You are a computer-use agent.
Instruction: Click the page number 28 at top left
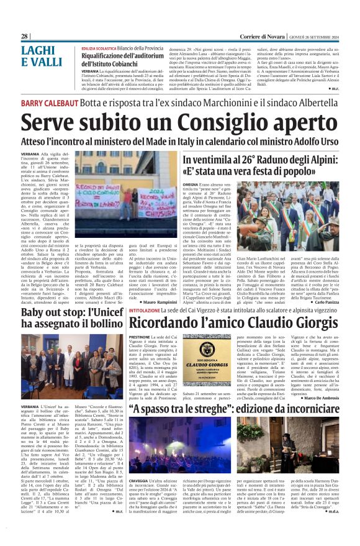(x=24, y=37)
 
